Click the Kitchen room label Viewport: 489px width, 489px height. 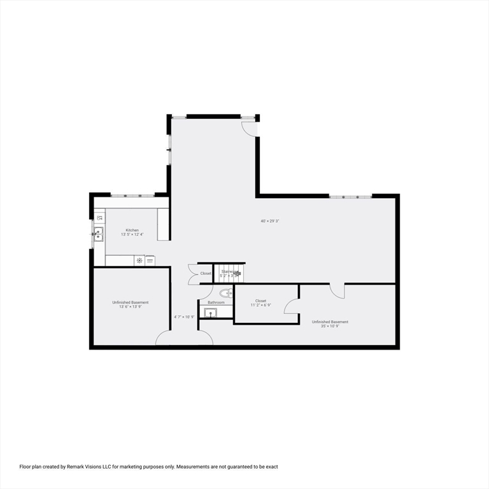click(x=132, y=230)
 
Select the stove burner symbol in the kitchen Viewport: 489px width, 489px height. click(x=139, y=260)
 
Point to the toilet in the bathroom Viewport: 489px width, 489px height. click(x=225, y=293)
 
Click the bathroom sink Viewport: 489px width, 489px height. click(x=210, y=312)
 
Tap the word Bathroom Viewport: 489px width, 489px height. click(x=216, y=302)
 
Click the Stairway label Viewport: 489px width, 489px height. click(x=227, y=271)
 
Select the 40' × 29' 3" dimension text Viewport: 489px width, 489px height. click(x=270, y=221)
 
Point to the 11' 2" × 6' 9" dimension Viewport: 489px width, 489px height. click(x=260, y=305)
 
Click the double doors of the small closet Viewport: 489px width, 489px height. click(x=193, y=273)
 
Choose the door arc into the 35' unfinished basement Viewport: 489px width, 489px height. click(x=337, y=290)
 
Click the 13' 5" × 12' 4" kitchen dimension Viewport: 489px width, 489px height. click(x=132, y=234)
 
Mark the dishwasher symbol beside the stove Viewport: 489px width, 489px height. click(x=150, y=260)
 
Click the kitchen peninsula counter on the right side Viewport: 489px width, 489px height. click(x=164, y=224)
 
